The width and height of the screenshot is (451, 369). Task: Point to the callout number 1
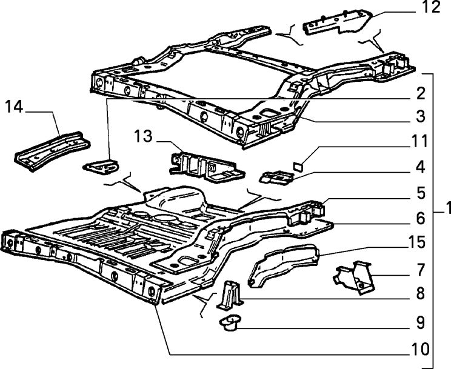pos(446,209)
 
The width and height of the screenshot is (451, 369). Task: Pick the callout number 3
pos(420,115)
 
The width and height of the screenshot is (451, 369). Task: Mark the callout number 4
pos(420,165)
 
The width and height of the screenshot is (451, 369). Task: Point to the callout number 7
pos(420,269)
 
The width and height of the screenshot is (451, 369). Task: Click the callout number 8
pos(420,296)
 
